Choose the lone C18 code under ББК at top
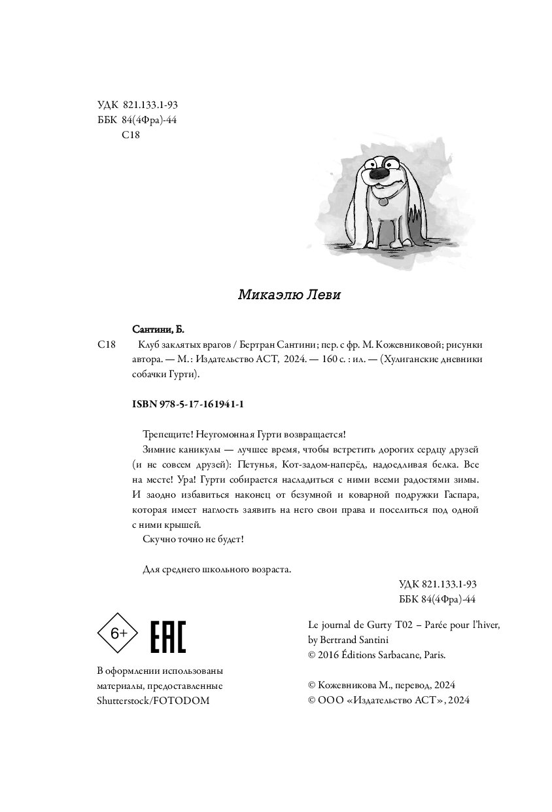click(x=131, y=135)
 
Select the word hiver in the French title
click(x=487, y=625)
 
